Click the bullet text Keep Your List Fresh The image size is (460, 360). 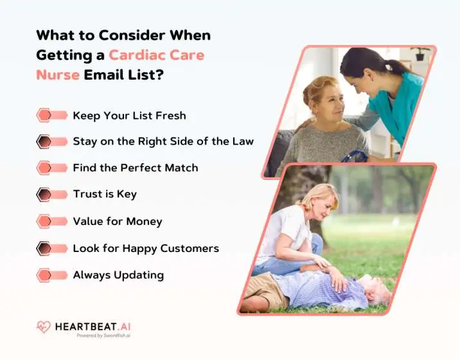pos(129,116)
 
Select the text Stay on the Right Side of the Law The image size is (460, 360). pos(163,141)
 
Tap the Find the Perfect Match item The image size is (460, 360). pos(135,168)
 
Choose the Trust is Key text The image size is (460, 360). pos(104,194)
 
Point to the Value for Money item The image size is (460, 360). pos(117,221)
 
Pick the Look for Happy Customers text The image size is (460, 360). pos(145,248)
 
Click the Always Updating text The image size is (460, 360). pos(118,275)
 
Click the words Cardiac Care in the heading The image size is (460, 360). pos(156,55)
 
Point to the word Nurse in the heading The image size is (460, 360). pos(58,75)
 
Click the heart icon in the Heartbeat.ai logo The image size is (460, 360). pos(43,327)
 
